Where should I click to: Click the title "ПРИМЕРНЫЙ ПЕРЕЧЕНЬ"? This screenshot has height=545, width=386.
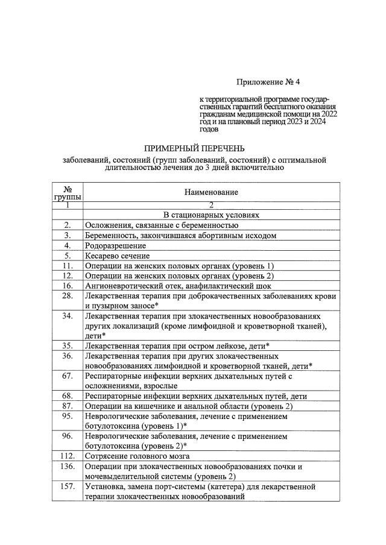(x=194, y=148)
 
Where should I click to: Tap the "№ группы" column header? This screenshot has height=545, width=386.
(x=68, y=192)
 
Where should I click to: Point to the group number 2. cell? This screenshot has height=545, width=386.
(x=68, y=225)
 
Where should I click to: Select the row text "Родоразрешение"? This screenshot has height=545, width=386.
(x=115, y=245)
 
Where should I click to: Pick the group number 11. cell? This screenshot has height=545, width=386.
(x=68, y=266)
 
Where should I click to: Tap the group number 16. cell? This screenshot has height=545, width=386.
(x=68, y=286)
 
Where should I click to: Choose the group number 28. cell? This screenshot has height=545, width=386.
(x=68, y=296)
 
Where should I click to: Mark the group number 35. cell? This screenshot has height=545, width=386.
(x=68, y=345)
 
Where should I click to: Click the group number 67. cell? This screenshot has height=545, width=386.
(x=68, y=376)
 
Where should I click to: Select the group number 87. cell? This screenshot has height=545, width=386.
(x=68, y=406)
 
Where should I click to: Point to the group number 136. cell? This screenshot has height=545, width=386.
(x=68, y=466)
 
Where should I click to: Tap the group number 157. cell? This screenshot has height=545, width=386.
(x=68, y=486)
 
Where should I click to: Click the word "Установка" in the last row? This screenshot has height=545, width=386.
(x=106, y=486)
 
